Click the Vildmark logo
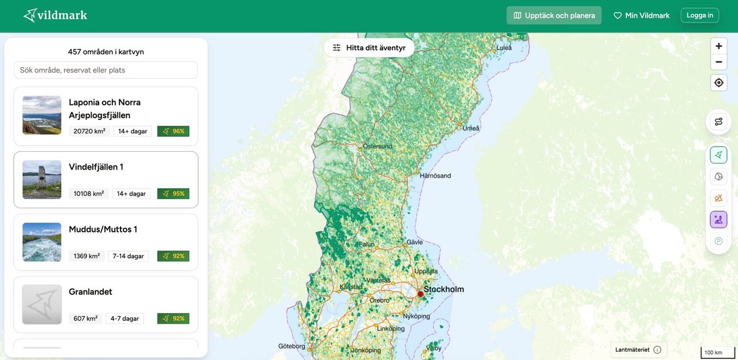tap(55, 15)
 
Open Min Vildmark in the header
tap(641, 16)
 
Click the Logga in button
tap(699, 15)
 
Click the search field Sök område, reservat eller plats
tap(106, 70)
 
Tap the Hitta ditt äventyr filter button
tap(369, 48)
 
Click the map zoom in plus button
tap(718, 46)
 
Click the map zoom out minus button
tap(718, 62)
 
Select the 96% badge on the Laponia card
tap(173, 132)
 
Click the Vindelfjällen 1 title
tap(96, 167)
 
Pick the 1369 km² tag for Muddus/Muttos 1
tap(86, 256)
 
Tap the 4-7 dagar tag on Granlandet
tap(125, 318)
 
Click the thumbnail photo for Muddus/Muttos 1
tap(42, 242)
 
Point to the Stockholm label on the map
tap(443, 290)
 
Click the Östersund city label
tap(377, 147)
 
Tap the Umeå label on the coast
tap(470, 128)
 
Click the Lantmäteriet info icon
tap(657, 350)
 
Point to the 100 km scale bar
tap(717, 352)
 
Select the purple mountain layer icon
tap(718, 219)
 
